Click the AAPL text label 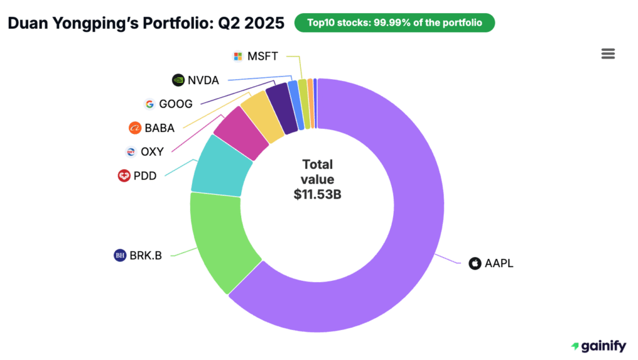499,263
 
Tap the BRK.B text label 146,255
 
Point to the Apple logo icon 475,263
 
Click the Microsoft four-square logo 237,56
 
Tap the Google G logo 149,104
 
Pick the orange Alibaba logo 133,128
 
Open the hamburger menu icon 608,54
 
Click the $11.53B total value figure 318,194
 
